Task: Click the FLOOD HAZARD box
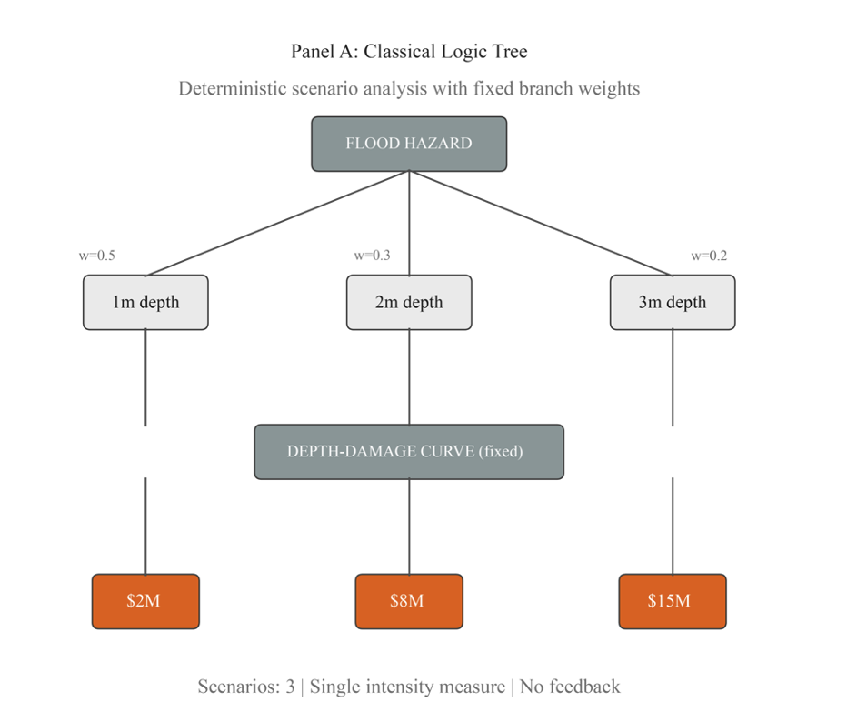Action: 409,144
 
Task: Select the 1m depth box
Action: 145,302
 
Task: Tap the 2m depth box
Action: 409,302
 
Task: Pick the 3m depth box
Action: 673,302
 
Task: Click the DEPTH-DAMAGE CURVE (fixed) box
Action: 409,451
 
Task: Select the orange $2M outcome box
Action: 145,601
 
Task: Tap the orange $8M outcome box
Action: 409,601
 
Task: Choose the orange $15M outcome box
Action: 673,601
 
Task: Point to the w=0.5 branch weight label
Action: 96,256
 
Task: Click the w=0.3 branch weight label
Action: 372,256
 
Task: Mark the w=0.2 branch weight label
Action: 709,256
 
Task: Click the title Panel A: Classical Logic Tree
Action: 409,51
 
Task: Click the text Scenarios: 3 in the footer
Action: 246,687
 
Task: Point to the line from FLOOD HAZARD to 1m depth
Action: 277,223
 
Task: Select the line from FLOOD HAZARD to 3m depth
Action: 541,223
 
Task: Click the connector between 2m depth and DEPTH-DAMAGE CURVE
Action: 409,376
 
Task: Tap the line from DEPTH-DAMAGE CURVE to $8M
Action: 409,526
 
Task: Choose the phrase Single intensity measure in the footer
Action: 407,687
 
